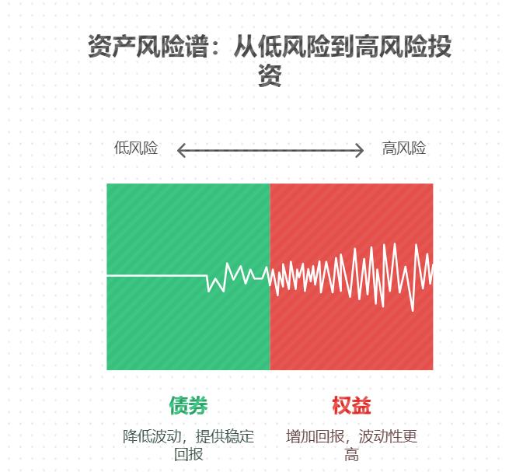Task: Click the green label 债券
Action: [188, 405]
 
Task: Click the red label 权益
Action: [351, 405]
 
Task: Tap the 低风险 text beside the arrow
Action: [136, 149]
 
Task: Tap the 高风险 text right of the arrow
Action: [404, 149]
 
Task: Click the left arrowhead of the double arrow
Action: [180, 150]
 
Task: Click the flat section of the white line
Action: [155, 275]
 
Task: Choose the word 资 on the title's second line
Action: [269, 75]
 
